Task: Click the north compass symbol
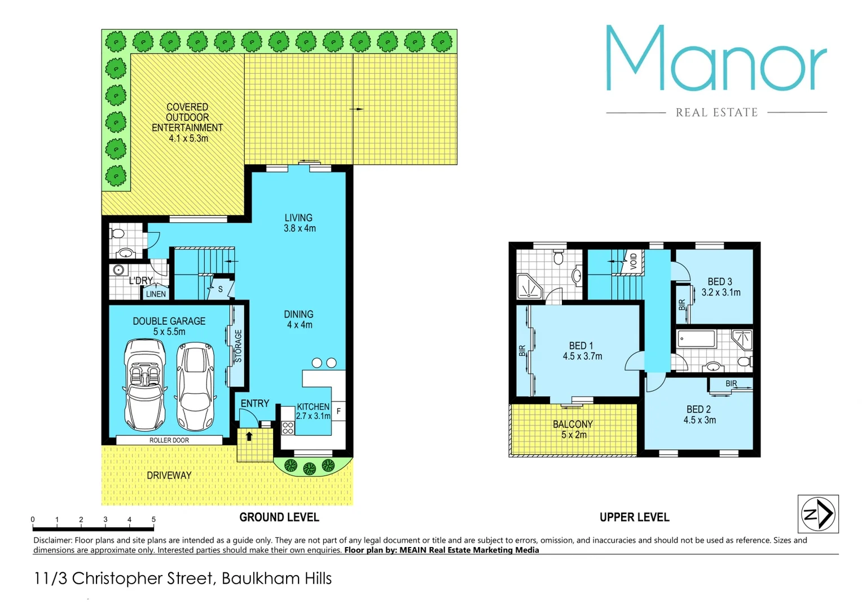click(818, 514)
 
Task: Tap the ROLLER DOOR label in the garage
click(169, 440)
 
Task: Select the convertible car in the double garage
click(144, 385)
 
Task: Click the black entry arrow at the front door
click(249, 436)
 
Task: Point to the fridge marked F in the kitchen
click(338, 411)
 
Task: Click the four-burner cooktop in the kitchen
click(288, 428)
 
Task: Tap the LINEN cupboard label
click(156, 294)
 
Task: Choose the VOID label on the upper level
click(634, 261)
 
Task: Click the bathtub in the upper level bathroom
click(697, 339)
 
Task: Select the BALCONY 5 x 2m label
click(573, 429)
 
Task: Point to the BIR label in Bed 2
click(731, 383)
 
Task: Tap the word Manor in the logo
click(716, 59)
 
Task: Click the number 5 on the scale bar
click(153, 519)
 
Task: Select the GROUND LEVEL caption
click(279, 517)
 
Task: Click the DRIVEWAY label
click(169, 475)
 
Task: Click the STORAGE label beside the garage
click(239, 346)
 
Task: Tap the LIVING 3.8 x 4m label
click(299, 223)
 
